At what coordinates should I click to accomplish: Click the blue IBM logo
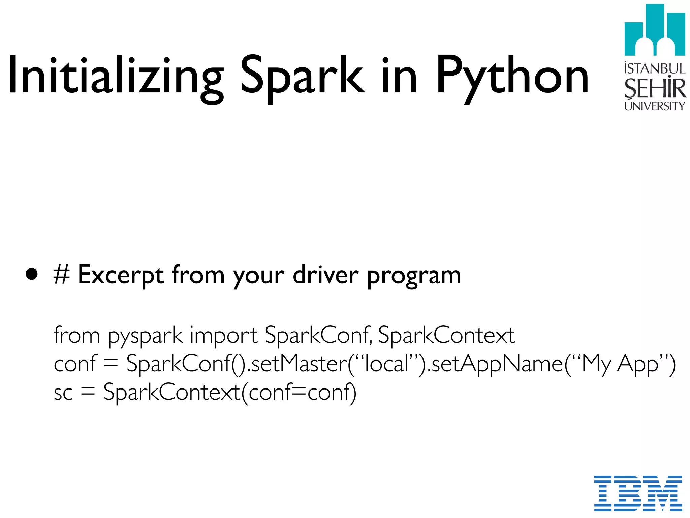[638, 493]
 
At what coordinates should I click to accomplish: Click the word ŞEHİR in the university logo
[655, 88]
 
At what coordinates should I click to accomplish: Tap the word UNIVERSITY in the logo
[655, 106]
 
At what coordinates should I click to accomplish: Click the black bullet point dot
[32, 275]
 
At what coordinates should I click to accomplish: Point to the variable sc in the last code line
[63, 393]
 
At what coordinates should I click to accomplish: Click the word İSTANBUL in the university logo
[655, 68]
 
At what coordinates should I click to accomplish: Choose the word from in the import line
[76, 335]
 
